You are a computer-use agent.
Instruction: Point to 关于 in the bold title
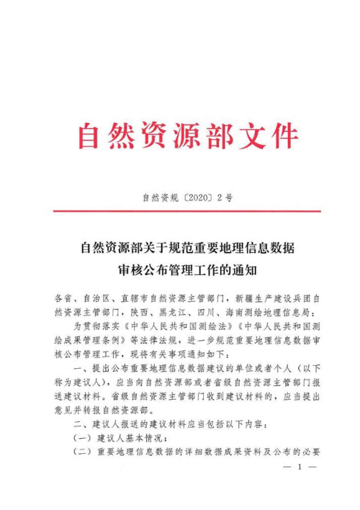pos(169,249)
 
